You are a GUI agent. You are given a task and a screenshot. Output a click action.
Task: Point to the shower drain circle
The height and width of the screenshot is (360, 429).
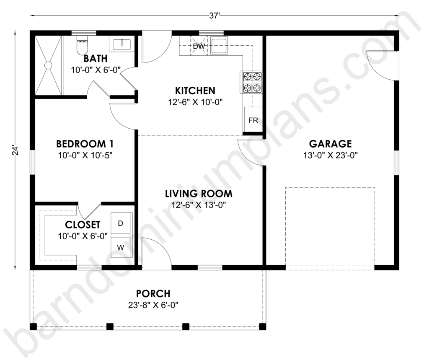[49, 65]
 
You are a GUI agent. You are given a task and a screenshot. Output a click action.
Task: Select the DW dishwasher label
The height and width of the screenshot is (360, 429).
[199, 46]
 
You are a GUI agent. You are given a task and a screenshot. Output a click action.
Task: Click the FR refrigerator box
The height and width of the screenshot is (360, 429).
[253, 120]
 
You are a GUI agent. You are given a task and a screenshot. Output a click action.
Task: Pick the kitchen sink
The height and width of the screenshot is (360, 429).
[219, 45]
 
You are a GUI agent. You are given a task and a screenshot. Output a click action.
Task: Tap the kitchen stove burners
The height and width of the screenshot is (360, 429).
[251, 82]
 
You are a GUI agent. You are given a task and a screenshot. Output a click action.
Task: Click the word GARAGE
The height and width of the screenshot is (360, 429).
[330, 144]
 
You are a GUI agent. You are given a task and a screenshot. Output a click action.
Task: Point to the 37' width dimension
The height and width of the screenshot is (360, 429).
[215, 16]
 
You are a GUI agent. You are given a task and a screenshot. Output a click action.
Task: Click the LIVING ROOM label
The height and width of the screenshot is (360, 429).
[199, 194]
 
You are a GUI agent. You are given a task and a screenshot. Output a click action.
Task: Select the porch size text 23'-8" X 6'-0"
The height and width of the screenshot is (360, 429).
[153, 305]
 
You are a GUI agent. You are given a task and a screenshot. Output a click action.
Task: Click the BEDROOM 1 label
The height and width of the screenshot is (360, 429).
[85, 144]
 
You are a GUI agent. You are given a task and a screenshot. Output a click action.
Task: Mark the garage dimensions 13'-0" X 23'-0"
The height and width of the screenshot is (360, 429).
[330, 155]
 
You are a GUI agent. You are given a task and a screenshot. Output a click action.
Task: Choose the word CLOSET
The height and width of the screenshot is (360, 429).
[83, 225]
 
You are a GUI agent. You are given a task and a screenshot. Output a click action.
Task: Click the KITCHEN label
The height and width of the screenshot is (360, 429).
[195, 91]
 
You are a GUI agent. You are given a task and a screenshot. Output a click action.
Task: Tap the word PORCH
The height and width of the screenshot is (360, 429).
[153, 293]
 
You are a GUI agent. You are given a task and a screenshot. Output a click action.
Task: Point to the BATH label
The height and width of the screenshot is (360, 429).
[96, 59]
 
